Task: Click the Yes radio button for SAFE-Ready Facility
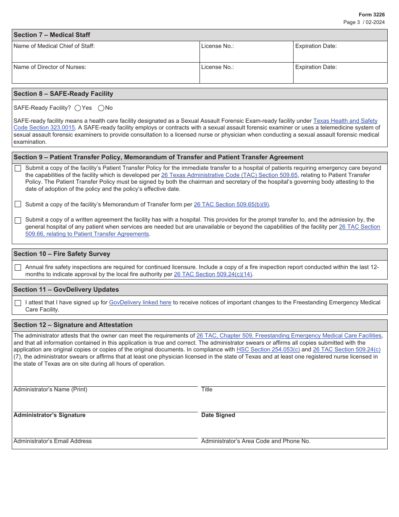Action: pos(78,108)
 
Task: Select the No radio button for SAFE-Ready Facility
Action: pos(101,108)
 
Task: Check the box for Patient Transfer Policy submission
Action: pos(18,169)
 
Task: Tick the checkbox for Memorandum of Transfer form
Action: pos(18,204)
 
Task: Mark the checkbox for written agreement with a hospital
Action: pos(18,220)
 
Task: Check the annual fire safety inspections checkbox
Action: pos(18,267)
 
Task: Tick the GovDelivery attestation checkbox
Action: pos(18,303)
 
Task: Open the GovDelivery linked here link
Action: pos(140,302)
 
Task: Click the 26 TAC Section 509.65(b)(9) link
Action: pos(231,204)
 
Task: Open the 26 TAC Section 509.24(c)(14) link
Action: pos(213,274)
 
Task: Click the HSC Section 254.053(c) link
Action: pos(268,349)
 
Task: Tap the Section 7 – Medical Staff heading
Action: pos(52,35)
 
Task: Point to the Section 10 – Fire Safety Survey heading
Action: pos(62,254)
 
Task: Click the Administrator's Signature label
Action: pos(50,415)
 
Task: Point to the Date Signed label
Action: pos(218,415)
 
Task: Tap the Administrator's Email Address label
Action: pos(52,441)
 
